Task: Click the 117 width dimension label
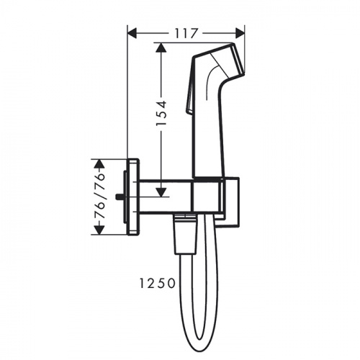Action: point(186,33)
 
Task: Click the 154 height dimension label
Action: point(161,113)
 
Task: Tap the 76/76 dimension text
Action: point(99,197)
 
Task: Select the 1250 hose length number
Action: point(158,284)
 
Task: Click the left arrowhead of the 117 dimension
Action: point(132,33)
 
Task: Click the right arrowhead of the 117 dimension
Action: point(240,33)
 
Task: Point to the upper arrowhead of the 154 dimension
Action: point(161,48)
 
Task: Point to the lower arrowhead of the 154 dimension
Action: point(161,192)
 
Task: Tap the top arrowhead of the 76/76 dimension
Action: point(99,163)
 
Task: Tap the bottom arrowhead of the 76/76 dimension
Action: point(99,230)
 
